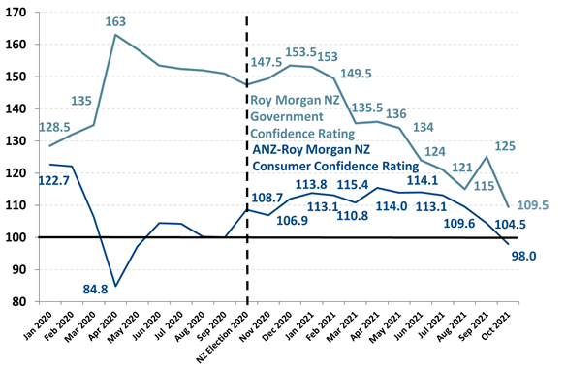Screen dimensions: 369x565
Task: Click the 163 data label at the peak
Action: pyautogui.click(x=115, y=21)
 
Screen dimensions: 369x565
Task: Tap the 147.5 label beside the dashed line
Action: pyautogui.click(x=273, y=61)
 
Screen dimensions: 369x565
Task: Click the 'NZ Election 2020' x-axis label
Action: pyautogui.click(x=229, y=334)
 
